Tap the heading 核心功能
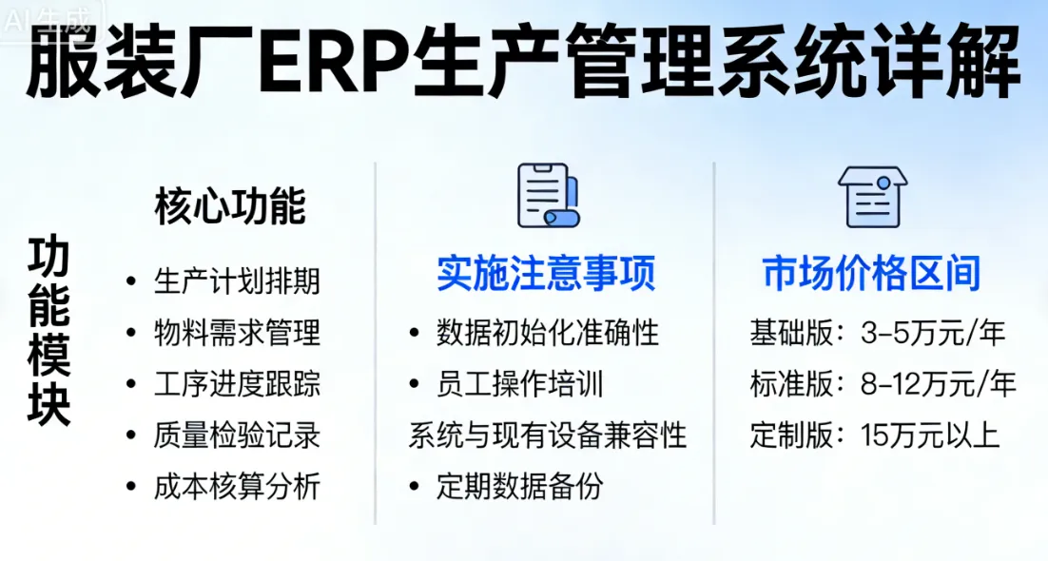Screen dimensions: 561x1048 pyautogui.click(x=231, y=206)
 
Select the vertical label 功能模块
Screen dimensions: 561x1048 pyautogui.click(x=49, y=332)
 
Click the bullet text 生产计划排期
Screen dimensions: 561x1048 pyautogui.click(x=237, y=281)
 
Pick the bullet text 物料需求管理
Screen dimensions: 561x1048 pyautogui.click(x=237, y=333)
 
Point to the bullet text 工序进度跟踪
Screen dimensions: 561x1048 pyautogui.click(x=237, y=384)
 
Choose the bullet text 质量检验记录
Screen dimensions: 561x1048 pyautogui.click(x=237, y=435)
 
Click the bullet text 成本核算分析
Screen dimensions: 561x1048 pyautogui.click(x=237, y=487)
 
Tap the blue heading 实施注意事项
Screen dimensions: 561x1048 pyautogui.click(x=546, y=274)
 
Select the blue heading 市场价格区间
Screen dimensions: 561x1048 pyautogui.click(x=871, y=274)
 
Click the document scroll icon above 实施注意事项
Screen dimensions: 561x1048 pyautogui.click(x=547, y=196)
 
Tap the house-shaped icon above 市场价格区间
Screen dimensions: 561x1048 pyautogui.click(x=871, y=196)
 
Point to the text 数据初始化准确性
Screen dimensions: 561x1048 pyautogui.click(x=548, y=333)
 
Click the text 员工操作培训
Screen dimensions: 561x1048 pyautogui.click(x=519, y=384)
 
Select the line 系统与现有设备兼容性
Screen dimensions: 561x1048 pyautogui.click(x=548, y=435)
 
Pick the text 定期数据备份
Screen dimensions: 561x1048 pyautogui.click(x=519, y=487)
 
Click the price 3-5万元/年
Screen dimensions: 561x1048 pyautogui.click(x=932, y=333)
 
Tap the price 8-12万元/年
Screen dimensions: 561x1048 pyautogui.click(x=938, y=384)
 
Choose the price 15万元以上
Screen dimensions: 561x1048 pyautogui.click(x=929, y=435)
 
